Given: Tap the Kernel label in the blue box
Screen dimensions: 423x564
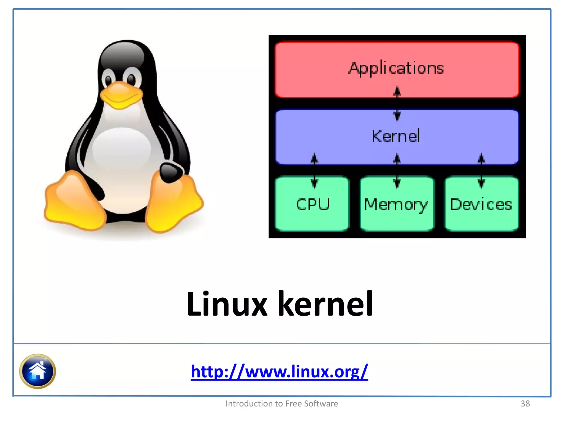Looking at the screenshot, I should click(395, 136).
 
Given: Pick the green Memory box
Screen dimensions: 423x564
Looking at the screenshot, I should click(396, 204).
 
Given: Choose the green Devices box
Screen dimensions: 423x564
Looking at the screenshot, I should click(481, 204).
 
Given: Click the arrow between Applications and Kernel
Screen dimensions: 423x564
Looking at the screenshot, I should click(397, 104).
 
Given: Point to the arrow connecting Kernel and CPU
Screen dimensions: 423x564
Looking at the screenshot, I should click(314, 171).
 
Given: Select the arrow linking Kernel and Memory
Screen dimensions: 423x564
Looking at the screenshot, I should click(397, 171).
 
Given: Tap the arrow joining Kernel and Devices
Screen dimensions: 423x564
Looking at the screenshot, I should click(481, 171).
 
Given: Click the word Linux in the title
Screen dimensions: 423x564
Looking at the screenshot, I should click(226, 304).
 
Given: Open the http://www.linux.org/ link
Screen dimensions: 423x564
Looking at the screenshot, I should click(279, 372).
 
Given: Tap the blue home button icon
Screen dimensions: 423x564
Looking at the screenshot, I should click(37, 371).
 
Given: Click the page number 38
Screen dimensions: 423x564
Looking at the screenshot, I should click(525, 403).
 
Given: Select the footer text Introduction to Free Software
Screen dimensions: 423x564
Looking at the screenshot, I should click(282, 403).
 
